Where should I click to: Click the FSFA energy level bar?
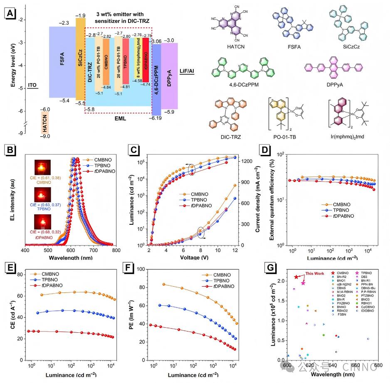tap(62, 62)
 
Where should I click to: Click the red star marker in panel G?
tap(296, 277)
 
